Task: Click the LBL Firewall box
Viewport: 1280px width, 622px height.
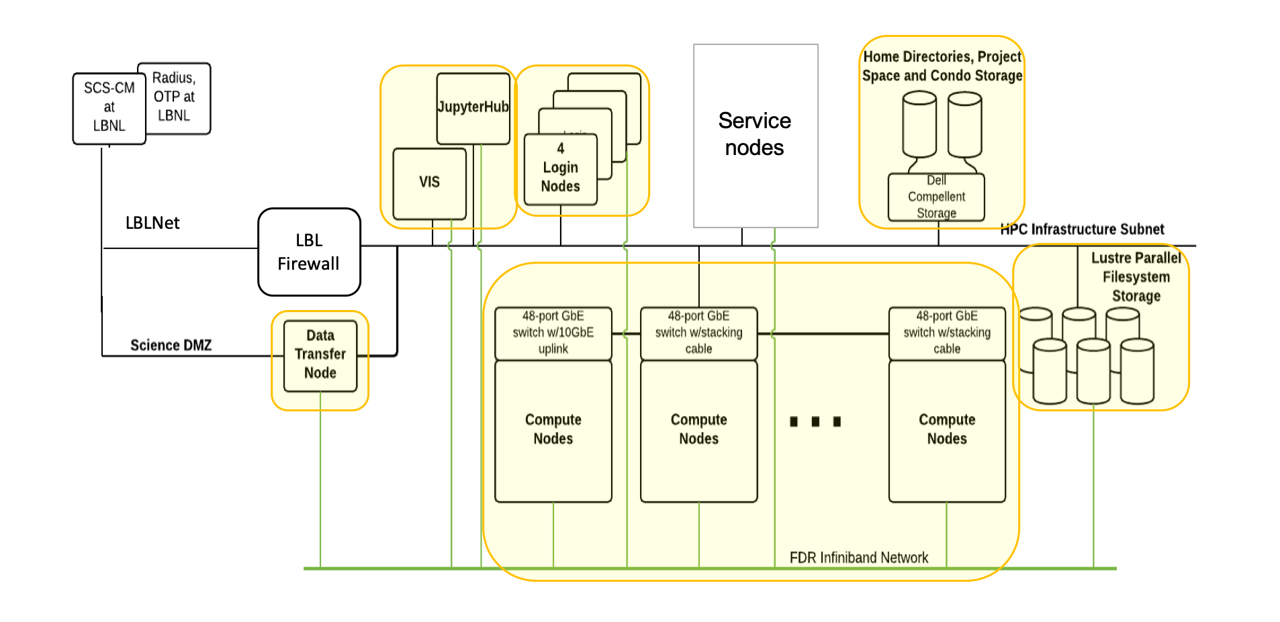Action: pos(309,252)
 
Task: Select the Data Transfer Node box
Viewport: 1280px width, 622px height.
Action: pos(320,355)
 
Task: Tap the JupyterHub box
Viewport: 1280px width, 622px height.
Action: pos(473,108)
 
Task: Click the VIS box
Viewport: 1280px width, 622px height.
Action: pos(429,183)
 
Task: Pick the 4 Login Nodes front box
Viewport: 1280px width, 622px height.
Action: pos(560,168)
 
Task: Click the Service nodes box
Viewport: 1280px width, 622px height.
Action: pos(755,135)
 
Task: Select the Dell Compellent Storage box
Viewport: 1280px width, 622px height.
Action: pos(936,197)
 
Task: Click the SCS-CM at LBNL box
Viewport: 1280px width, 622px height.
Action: pos(109,107)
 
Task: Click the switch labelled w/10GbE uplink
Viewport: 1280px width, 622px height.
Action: pos(553,333)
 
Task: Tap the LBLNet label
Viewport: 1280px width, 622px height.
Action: pos(152,223)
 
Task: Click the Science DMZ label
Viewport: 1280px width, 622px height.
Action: pos(171,346)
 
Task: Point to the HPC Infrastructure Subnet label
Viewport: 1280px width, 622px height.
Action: pos(1082,229)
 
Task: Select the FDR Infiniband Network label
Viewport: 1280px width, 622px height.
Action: pos(858,558)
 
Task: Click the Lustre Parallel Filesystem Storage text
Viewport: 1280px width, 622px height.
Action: pos(1136,277)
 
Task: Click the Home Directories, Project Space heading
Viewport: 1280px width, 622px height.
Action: pos(942,66)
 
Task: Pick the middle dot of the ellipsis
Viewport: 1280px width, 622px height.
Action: pos(815,421)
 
